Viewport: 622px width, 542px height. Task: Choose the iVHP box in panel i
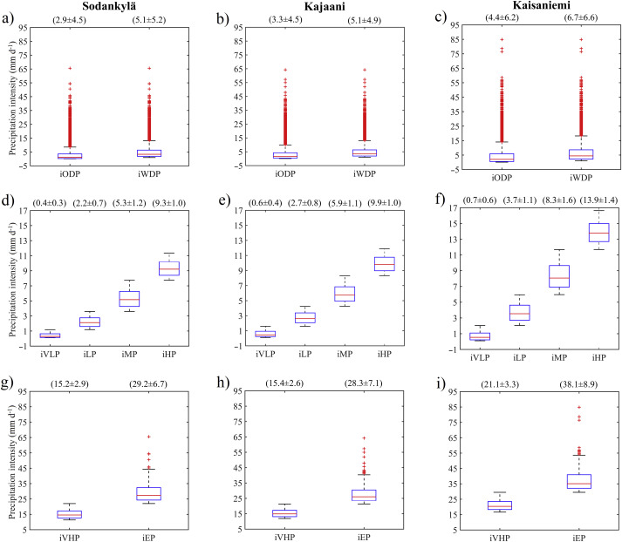tap(500, 505)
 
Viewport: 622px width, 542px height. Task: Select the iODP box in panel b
tap(285, 155)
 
